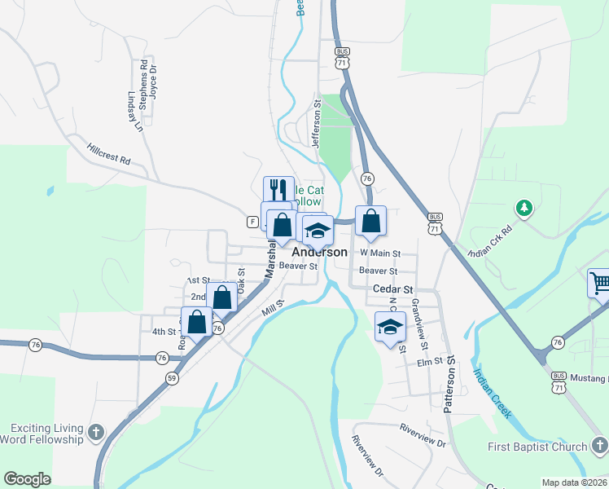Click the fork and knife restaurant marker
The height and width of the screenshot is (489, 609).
tap(278, 190)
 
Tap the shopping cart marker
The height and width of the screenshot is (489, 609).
tap(600, 284)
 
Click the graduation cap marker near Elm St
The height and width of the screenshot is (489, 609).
tap(390, 327)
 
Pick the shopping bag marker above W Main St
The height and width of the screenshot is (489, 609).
tap(370, 220)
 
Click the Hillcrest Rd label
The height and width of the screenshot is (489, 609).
tap(109, 155)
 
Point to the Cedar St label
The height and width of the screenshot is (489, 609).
tap(393, 289)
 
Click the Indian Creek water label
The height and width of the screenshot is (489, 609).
tap(493, 394)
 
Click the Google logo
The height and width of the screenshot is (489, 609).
tap(27, 479)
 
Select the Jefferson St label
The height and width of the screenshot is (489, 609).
tap(317, 124)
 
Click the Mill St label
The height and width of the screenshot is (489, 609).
tap(271, 308)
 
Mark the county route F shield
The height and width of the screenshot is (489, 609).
tap(252, 222)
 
